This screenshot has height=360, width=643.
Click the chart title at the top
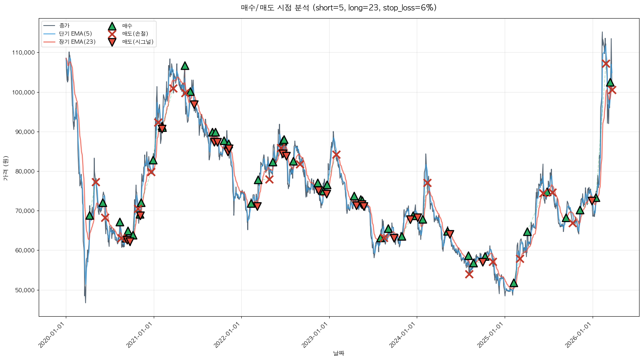(339, 8)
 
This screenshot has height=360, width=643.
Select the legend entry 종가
(64, 26)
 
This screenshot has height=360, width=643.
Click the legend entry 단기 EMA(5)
(75, 34)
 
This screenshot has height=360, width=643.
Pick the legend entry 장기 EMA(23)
(77, 42)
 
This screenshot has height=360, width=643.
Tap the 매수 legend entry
(127, 26)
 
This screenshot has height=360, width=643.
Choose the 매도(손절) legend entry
(135, 34)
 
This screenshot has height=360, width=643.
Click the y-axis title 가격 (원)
(5, 168)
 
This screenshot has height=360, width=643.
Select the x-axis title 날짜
(339, 353)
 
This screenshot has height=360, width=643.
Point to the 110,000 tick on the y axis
(24, 53)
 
